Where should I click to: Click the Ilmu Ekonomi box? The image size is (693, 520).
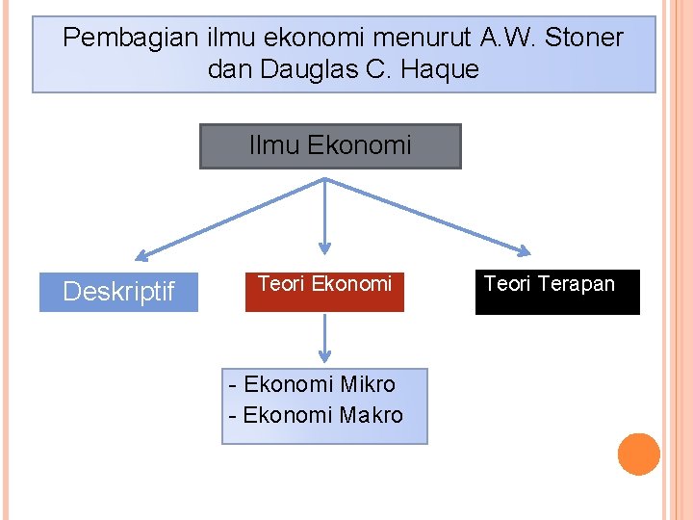click(x=330, y=146)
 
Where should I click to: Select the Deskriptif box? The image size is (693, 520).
click(x=118, y=291)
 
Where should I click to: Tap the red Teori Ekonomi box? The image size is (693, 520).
click(x=324, y=291)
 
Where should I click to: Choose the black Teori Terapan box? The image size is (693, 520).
click(x=557, y=292)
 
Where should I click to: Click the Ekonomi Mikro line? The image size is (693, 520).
click(x=314, y=384)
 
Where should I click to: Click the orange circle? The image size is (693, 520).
click(x=638, y=455)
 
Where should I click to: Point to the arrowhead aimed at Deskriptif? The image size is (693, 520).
click(x=142, y=256)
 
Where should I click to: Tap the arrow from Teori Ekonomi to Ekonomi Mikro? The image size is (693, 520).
click(x=325, y=338)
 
